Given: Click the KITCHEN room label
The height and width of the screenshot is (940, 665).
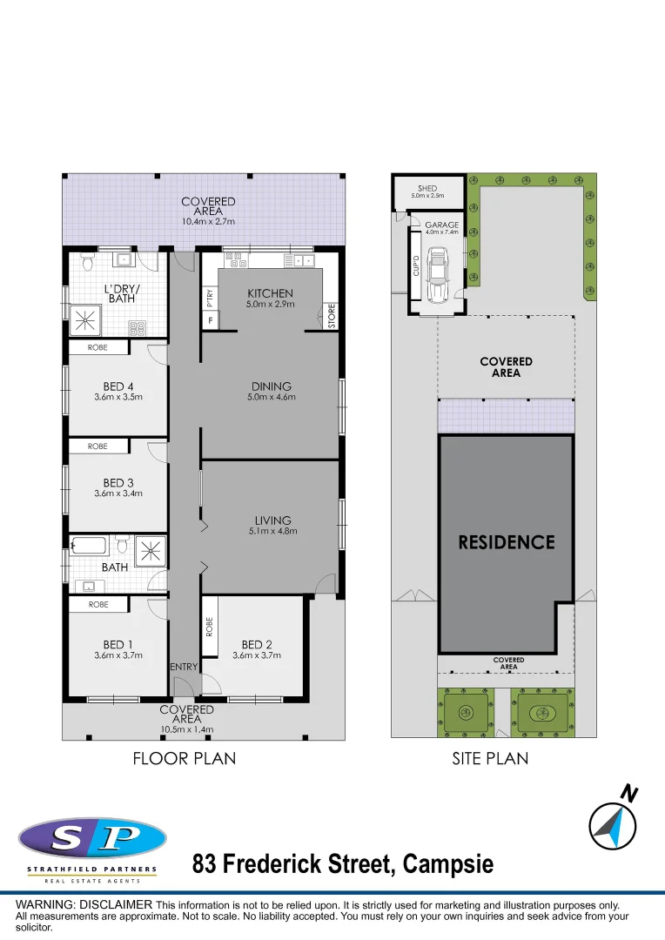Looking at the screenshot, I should (270, 293).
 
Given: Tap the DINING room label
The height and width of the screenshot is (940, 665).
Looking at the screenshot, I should (271, 386).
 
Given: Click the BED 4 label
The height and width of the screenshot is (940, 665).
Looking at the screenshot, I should (118, 386).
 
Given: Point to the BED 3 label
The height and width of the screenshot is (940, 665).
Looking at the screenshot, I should (118, 483).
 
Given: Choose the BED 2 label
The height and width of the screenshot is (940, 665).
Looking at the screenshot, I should (257, 645).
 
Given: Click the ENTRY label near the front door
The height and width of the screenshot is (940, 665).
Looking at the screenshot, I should (185, 667).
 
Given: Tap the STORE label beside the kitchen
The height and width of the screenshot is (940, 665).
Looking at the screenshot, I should (331, 315).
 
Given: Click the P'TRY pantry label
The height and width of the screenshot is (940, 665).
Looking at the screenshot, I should (210, 298).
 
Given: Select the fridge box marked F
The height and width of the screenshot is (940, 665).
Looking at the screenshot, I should (210, 321).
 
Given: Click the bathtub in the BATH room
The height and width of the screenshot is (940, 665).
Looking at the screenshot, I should (89, 547).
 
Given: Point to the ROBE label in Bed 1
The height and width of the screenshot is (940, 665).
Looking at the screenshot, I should (98, 604).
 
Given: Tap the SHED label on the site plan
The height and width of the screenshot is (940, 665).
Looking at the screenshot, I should (427, 188).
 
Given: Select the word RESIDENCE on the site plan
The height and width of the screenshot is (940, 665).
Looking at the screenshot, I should (507, 542).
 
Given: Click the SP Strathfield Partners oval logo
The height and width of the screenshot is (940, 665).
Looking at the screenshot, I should (92, 839).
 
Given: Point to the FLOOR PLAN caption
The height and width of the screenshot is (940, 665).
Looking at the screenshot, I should (184, 759).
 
